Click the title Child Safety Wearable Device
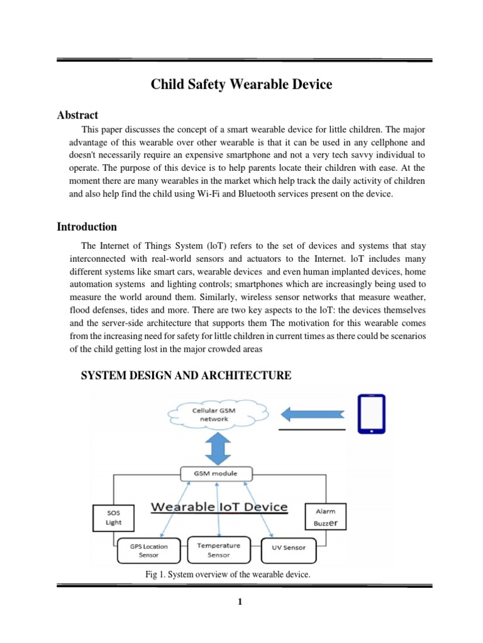(241, 84)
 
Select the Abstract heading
(77, 115)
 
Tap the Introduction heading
(87, 227)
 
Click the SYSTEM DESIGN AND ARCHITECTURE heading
(187, 376)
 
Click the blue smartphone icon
(372, 414)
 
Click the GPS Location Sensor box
(149, 551)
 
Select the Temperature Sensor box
(218, 550)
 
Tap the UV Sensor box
(289, 548)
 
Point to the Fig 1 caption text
(228, 575)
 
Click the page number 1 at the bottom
(240, 603)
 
